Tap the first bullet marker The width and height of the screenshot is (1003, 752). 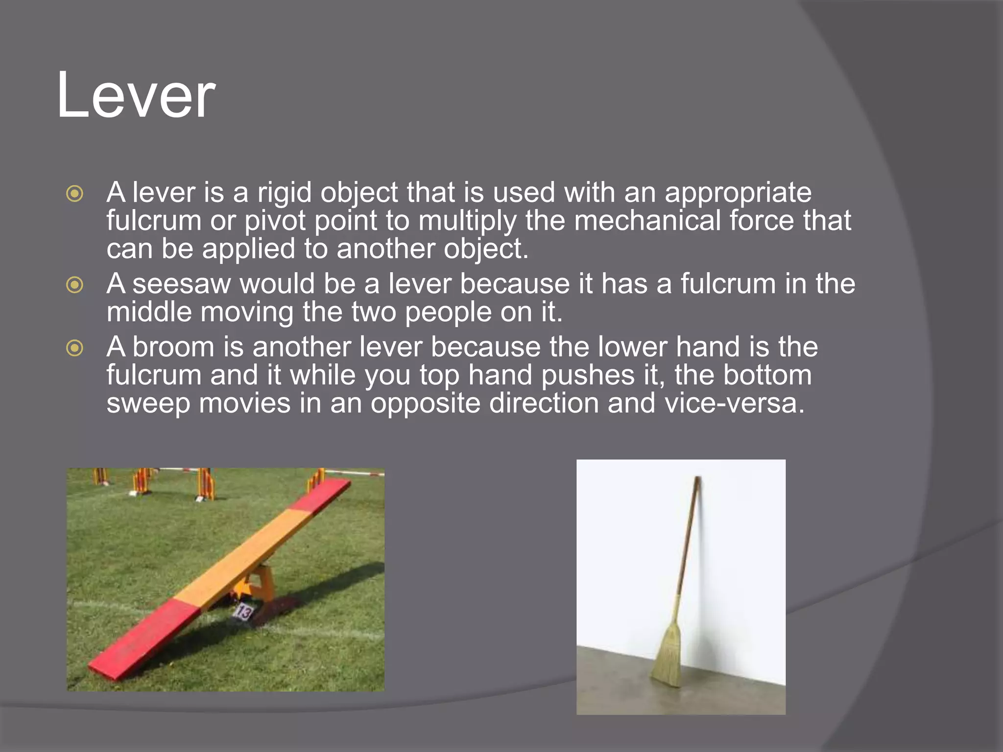[74, 193]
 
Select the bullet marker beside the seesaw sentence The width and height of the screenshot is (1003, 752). [74, 284]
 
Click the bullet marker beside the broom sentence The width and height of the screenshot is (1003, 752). [74, 348]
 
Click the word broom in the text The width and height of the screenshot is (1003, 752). [173, 347]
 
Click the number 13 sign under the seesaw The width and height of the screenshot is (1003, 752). [244, 612]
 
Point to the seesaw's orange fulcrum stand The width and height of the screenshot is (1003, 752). [259, 583]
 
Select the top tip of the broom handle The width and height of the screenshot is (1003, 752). [697, 479]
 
